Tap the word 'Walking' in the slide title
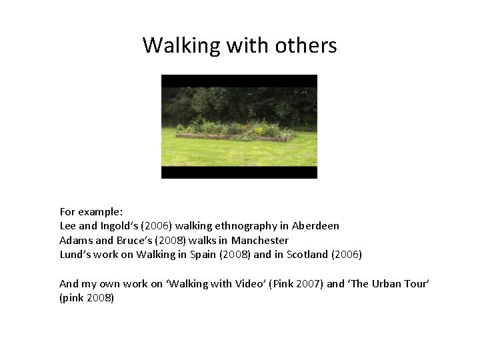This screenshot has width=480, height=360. tap(172, 46)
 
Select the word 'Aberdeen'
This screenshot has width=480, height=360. tap(315, 226)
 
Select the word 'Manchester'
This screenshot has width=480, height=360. tap(260, 240)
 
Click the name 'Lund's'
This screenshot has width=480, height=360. tap(73, 254)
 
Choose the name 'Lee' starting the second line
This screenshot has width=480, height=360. tap(68, 226)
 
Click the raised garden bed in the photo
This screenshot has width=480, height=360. tap(235, 134)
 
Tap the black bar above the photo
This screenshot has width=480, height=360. tap(239, 81)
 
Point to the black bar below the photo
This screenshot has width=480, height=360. tap(239, 172)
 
